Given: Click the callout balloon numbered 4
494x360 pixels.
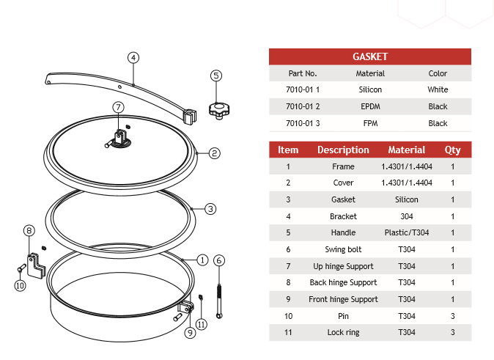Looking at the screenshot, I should click(x=133, y=57).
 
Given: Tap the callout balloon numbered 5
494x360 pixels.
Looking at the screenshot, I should click(x=215, y=75).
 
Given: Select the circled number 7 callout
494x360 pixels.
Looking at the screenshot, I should click(x=119, y=107).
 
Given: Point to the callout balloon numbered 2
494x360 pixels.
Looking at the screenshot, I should click(x=214, y=153).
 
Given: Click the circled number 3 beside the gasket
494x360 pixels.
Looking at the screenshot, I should click(x=210, y=209).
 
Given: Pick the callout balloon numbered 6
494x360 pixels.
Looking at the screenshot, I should click(x=219, y=260).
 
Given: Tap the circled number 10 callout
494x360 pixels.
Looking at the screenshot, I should click(x=20, y=285).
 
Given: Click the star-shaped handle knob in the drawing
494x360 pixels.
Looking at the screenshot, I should click(x=218, y=110).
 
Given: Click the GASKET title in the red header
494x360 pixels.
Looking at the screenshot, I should click(x=370, y=56).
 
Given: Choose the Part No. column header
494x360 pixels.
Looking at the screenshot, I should click(x=303, y=73).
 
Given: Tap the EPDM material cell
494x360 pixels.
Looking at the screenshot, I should click(x=370, y=106).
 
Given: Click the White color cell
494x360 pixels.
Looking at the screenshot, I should click(x=438, y=89).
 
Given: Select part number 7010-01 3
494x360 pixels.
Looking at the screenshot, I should click(x=303, y=123).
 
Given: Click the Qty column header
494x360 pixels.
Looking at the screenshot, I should click(x=453, y=150).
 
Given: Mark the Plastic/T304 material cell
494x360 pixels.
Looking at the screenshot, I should click(x=407, y=232).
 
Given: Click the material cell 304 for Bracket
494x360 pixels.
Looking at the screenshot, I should click(x=407, y=216).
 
